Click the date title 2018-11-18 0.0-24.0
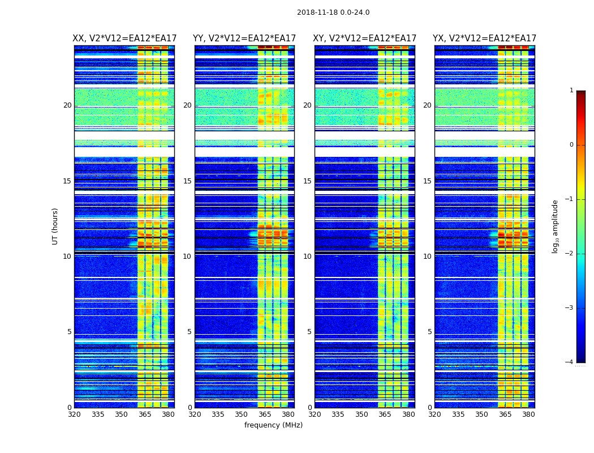coord(333,12)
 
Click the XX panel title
coord(124,39)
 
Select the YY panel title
coord(244,39)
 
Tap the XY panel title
coord(365,39)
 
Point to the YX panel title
coord(485,39)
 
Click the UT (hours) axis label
coord(55,226)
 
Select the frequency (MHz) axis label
coord(273,425)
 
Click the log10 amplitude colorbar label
coord(556,226)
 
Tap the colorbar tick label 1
coord(571,91)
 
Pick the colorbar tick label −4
coord(570,362)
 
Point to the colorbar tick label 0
coord(571,145)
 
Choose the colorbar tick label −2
coord(570,254)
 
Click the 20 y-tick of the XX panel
coord(67,105)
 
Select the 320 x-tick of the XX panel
coord(74,414)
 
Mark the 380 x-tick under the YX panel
coord(528,414)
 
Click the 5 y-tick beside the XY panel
coord(309,332)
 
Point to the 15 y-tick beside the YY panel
coord(187,181)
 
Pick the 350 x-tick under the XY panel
coord(361,414)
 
